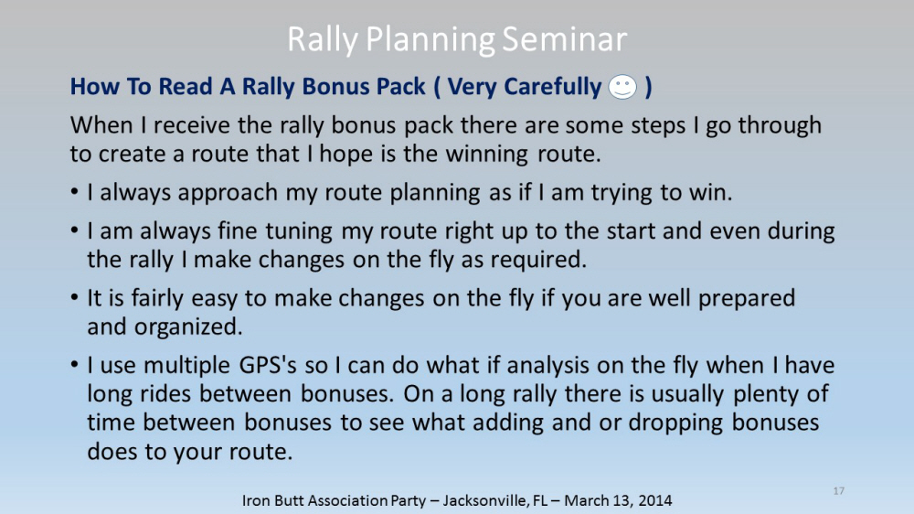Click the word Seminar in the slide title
click(564, 39)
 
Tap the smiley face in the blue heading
click(622, 87)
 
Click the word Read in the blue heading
click(185, 86)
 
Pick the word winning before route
click(487, 154)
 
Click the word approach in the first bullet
click(228, 193)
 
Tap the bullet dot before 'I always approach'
click(74, 192)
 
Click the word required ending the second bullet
click(538, 260)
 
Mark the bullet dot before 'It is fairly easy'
click(74, 297)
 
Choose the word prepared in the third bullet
click(747, 298)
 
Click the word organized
click(187, 327)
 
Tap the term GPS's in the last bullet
click(268, 365)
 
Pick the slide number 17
click(839, 491)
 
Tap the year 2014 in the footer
click(655, 500)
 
